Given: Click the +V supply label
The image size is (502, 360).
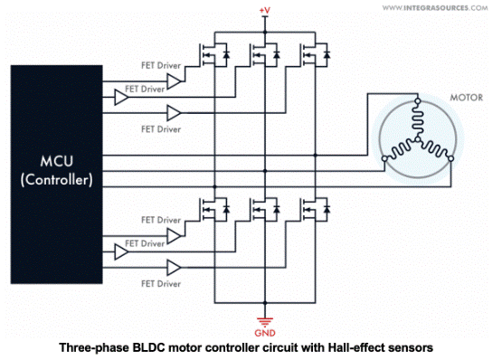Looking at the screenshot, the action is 265,11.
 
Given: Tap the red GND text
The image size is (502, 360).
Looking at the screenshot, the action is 265,333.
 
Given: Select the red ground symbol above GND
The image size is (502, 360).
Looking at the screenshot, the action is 265,322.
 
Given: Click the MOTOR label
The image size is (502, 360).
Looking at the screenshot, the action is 466,98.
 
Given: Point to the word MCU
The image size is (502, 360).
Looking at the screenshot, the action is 57,161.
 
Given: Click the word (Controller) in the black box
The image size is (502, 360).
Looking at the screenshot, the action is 57,180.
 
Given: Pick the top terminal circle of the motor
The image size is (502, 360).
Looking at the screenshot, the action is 418,101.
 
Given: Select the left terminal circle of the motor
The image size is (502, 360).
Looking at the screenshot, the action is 384,158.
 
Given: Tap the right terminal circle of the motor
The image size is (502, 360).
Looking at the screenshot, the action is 450,158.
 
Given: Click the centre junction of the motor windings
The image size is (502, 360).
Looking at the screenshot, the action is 418,139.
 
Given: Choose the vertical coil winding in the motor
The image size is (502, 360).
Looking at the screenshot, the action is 418,120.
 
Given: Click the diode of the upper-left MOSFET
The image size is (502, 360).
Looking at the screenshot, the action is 227,54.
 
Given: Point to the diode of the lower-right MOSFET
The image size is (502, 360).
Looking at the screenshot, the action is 327,209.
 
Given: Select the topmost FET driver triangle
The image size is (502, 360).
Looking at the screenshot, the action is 174,81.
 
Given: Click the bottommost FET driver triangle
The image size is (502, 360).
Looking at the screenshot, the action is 174,268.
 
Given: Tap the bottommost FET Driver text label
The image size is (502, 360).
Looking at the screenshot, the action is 161,284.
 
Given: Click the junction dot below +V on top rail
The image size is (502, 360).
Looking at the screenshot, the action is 265,32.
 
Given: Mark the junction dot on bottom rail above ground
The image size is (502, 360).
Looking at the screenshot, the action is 265,303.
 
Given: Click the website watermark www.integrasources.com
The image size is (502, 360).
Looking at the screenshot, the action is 435,7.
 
